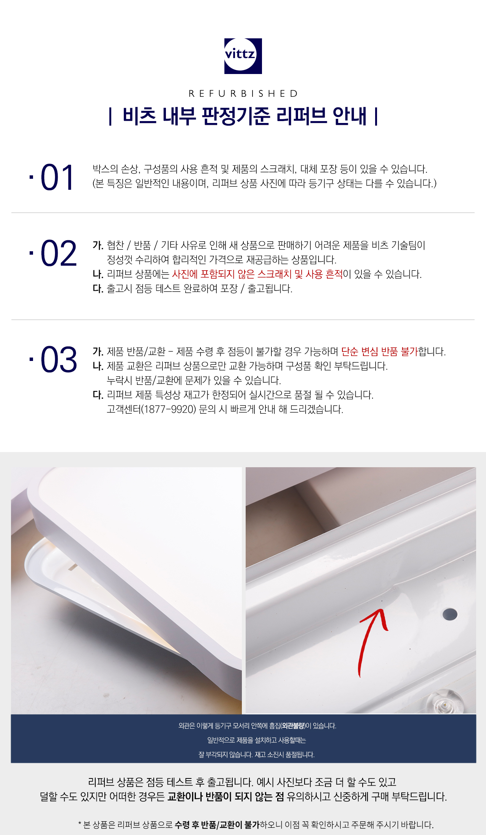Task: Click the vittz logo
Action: point(243,56)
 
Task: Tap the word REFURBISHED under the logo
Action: point(243,93)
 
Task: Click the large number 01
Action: point(57,178)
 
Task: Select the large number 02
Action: point(58,253)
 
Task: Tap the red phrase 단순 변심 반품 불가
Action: point(379,352)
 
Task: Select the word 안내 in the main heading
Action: point(349,116)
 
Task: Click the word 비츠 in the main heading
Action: point(139,116)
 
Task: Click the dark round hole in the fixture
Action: point(450,614)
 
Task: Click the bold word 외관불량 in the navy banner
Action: point(293,726)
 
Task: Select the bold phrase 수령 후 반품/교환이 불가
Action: point(217,825)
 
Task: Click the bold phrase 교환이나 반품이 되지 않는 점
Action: point(226,797)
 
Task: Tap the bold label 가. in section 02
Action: point(98,246)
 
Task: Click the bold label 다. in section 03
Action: point(98,395)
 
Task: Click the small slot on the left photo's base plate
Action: point(73,567)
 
